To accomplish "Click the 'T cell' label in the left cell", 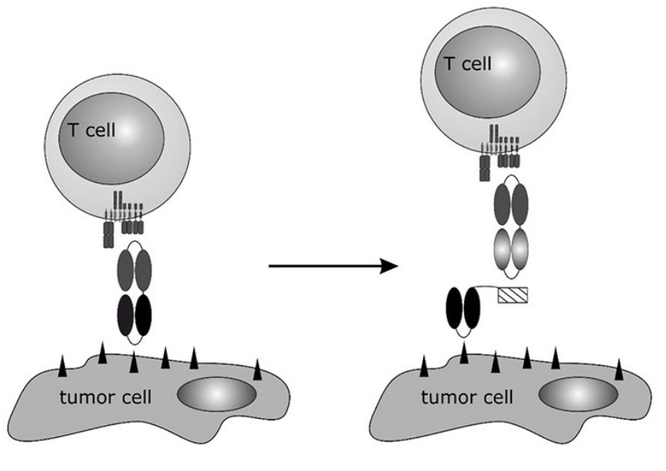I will (x=90, y=129).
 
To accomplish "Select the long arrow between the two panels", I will (x=331, y=265).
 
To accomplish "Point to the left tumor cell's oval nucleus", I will (x=216, y=393).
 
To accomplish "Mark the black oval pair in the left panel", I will (x=134, y=315).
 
